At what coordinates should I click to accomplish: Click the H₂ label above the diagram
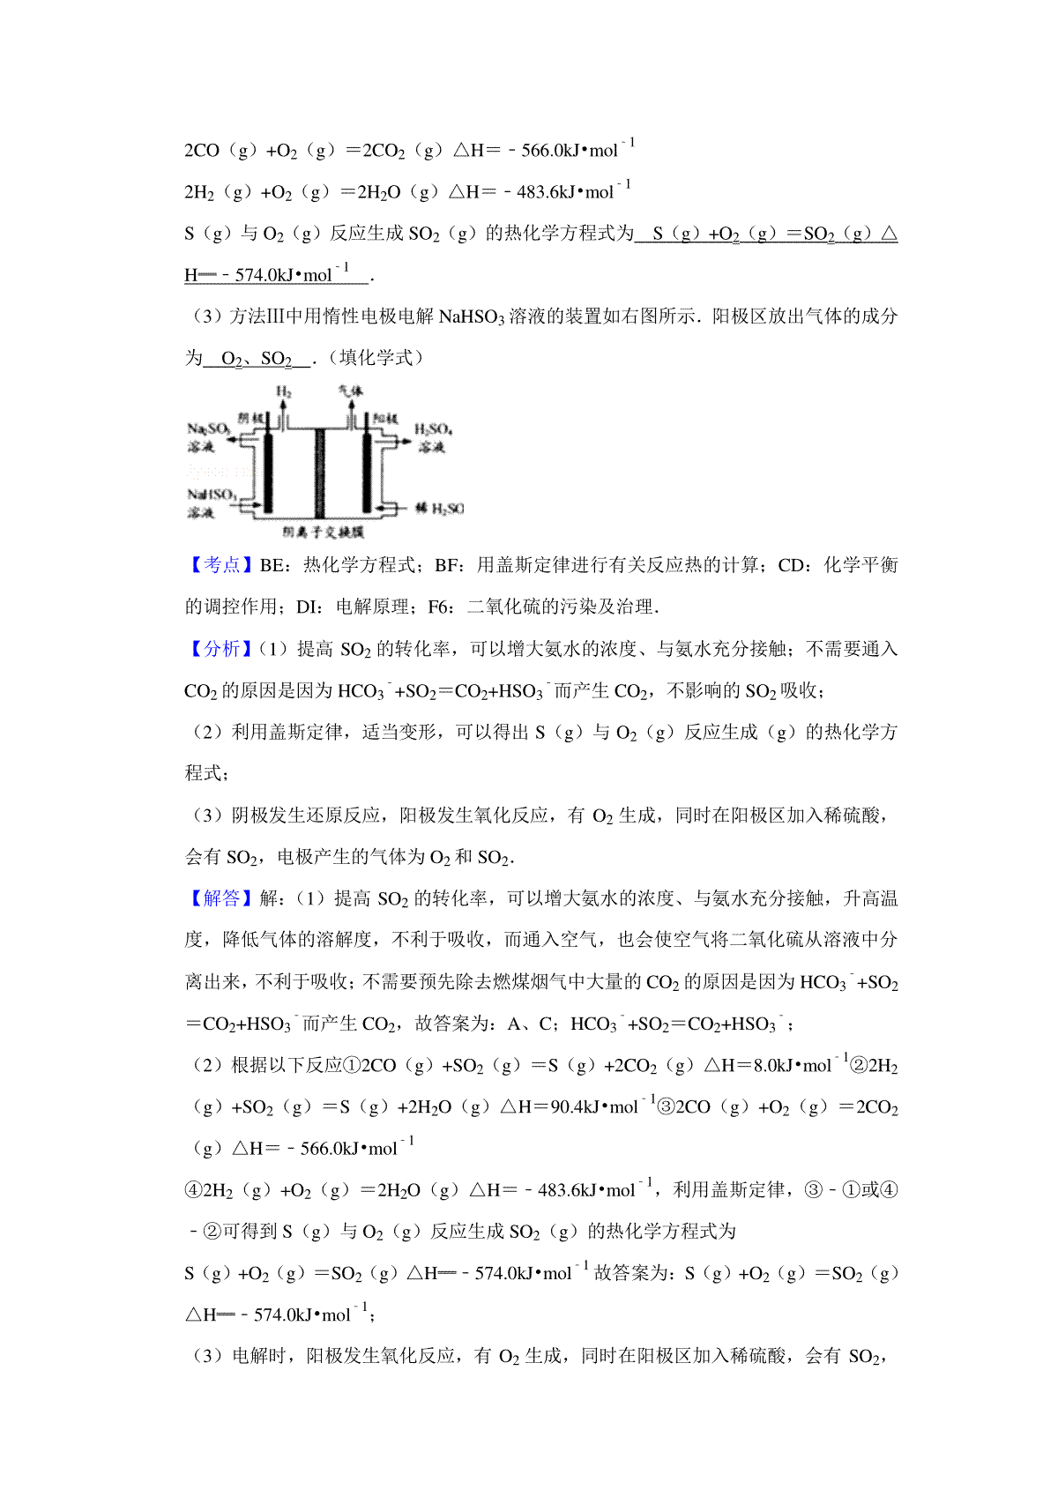click(283, 391)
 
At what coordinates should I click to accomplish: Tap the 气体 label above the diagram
click(350, 391)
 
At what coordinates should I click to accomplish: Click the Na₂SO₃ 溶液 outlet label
click(208, 436)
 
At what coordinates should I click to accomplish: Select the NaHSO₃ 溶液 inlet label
click(210, 503)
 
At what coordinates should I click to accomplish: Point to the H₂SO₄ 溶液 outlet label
click(433, 437)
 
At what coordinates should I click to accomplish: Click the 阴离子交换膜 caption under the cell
click(323, 533)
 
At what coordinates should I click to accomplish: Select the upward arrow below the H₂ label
click(284, 411)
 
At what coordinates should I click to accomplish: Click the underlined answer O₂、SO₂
click(257, 359)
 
